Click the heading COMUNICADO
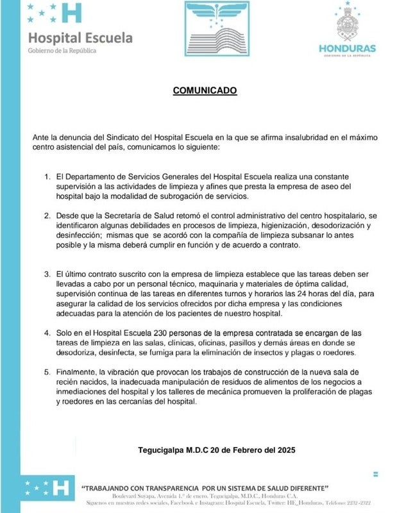(x=205, y=91)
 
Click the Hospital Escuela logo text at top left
(x=80, y=38)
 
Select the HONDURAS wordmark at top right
(x=347, y=49)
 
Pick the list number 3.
(x=46, y=274)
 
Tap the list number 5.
(x=46, y=372)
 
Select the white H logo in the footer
(x=62, y=487)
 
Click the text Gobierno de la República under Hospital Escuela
(x=62, y=51)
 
